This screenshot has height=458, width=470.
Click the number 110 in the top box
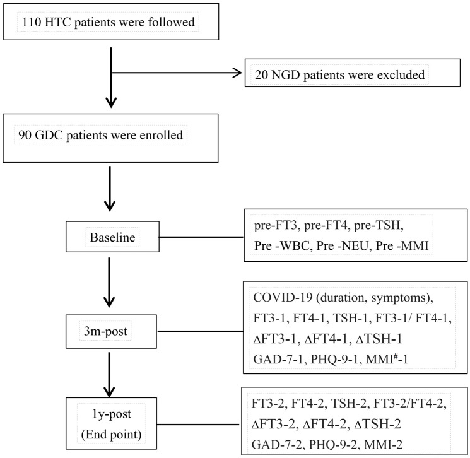(31, 22)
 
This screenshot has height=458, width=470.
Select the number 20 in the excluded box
(261, 75)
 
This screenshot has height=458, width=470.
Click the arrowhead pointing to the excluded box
(238, 73)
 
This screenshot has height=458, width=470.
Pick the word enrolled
(162, 135)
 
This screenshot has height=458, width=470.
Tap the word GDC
(49, 135)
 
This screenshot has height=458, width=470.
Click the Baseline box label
(112, 237)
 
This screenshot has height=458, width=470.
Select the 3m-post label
(105, 331)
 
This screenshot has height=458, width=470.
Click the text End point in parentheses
(111, 434)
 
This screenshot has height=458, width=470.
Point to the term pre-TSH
(379, 225)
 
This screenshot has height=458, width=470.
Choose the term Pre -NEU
(342, 246)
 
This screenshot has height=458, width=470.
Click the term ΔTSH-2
(377, 424)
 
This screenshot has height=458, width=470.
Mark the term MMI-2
(384, 445)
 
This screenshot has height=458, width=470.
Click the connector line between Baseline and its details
(201, 237)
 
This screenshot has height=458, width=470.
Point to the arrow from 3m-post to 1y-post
(109, 374)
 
